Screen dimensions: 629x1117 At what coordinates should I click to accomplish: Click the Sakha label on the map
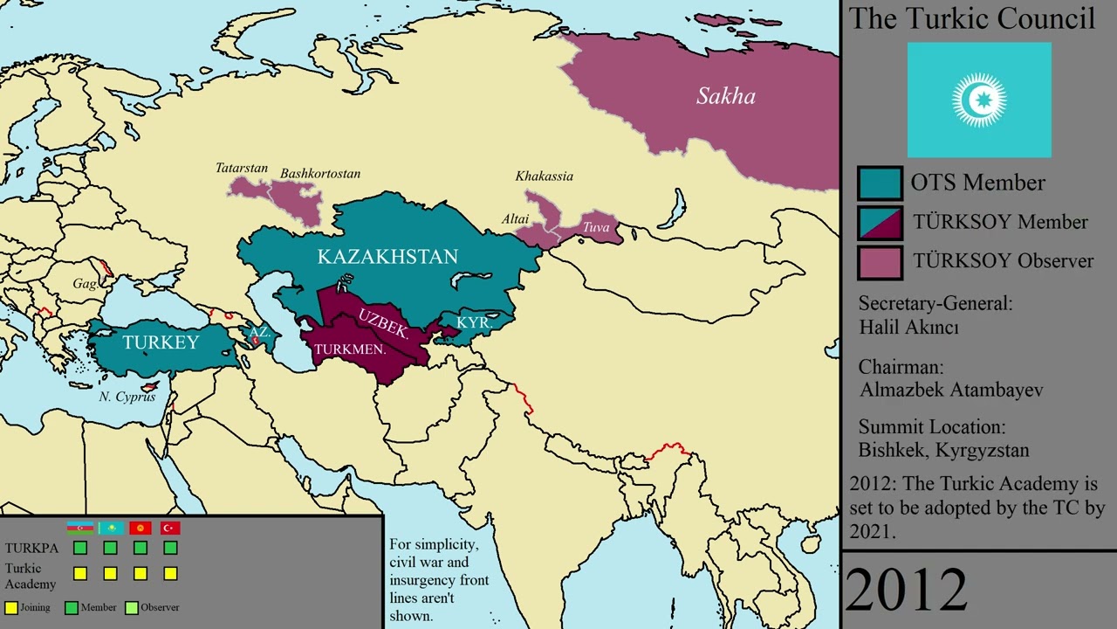[725, 96]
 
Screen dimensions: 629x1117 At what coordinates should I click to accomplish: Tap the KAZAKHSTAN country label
[387, 257]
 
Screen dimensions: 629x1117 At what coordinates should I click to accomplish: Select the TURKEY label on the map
[161, 342]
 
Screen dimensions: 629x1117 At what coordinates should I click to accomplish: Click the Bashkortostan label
[319, 174]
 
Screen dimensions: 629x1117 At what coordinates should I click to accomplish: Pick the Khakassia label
[544, 176]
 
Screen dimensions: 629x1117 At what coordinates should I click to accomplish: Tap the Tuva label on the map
[596, 227]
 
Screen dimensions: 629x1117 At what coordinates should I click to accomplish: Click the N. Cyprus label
[127, 397]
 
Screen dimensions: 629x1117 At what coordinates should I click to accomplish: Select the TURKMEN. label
[350, 349]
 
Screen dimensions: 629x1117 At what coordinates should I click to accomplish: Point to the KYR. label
[475, 322]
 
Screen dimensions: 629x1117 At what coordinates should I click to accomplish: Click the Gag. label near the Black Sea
[85, 284]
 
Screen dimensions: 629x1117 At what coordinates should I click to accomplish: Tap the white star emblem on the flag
[979, 100]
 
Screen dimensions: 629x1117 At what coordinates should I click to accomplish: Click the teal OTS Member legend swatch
[880, 183]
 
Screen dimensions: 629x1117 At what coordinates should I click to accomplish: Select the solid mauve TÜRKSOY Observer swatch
[880, 262]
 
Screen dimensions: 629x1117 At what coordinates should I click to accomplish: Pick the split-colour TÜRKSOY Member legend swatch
[880, 223]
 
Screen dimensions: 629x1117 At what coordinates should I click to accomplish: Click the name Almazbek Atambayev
[950, 390]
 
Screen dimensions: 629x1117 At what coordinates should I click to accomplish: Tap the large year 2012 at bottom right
[907, 590]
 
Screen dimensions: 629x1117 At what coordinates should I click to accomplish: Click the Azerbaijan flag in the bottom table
[80, 528]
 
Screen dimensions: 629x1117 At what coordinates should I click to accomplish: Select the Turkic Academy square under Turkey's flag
[170, 574]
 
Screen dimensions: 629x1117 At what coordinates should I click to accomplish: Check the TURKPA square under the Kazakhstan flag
[110, 548]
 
